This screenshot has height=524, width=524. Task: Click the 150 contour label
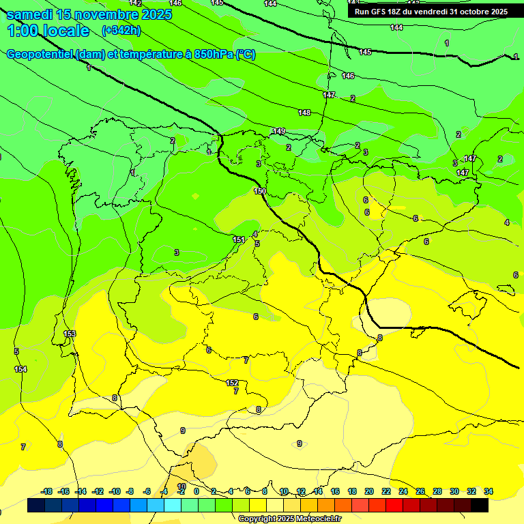pos(260,191)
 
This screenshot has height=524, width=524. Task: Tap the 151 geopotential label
pos(239,239)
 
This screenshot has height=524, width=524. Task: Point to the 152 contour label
pos(232,383)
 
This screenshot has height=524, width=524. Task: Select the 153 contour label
pos(70,334)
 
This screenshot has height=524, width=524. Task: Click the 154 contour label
pos(20,369)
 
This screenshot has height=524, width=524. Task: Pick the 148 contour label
pos(304,113)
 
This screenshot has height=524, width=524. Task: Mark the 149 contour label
pos(279,131)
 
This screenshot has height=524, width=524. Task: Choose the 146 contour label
pos(348,76)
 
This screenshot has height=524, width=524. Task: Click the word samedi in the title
pos(29,14)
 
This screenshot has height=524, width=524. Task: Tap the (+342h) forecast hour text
pos(121,31)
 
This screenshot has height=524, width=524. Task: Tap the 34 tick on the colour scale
pos(489,491)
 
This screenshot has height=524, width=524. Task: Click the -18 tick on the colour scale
pos(46,491)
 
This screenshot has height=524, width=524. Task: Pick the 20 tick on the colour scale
pos(369,491)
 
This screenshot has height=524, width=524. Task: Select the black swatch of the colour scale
pos(480,506)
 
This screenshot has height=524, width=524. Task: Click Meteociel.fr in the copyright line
pos(316,519)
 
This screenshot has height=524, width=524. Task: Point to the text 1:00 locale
pos(48,31)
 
